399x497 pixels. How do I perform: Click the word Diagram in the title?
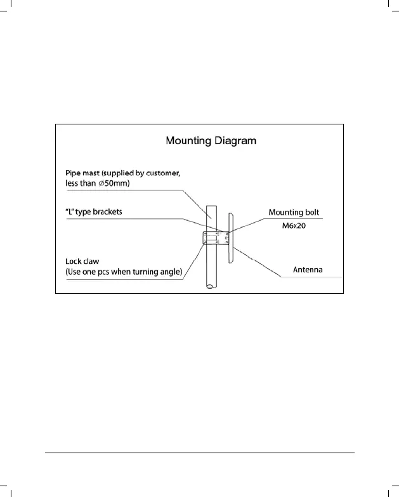coord(235,140)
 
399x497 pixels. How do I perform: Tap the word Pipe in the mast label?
coord(74,173)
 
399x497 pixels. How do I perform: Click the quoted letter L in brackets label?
coord(70,212)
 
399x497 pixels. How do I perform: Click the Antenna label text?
coord(307,270)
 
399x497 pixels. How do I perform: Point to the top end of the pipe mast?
coord(210,206)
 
